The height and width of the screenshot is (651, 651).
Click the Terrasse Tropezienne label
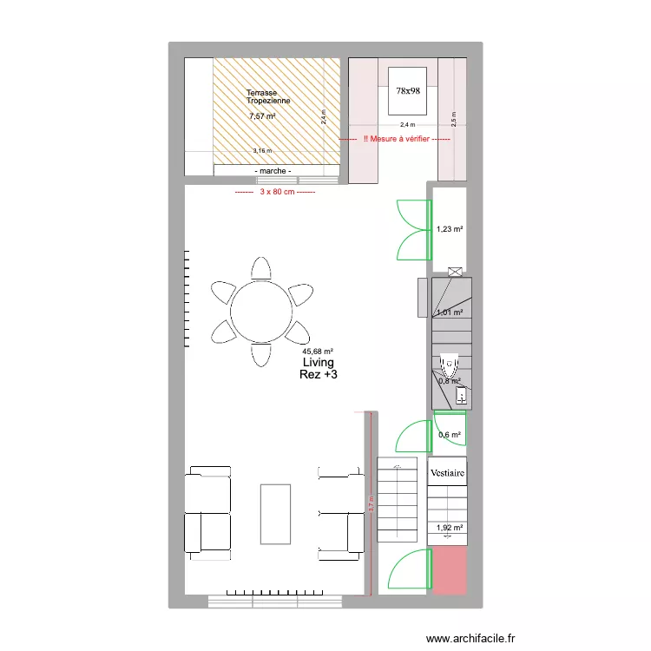tap(267, 97)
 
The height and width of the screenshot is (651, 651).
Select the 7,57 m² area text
tap(261, 116)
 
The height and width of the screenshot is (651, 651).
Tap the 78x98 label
tap(408, 89)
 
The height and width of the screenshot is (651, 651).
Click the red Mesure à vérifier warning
tap(395, 139)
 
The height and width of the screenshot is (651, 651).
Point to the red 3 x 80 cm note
tap(274, 192)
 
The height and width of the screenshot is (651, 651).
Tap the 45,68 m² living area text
tap(319, 352)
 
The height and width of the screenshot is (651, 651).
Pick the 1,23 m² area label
tap(450, 229)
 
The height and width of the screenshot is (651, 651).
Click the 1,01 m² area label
tap(450, 312)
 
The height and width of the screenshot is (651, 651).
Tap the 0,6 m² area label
tap(450, 435)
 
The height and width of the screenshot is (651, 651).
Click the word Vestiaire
tap(448, 473)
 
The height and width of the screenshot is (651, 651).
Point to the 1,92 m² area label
tap(450, 527)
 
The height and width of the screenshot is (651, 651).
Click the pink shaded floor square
tap(450, 570)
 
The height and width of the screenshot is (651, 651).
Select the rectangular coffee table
tap(275, 513)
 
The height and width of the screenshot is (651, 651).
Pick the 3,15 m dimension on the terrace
tap(261, 150)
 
